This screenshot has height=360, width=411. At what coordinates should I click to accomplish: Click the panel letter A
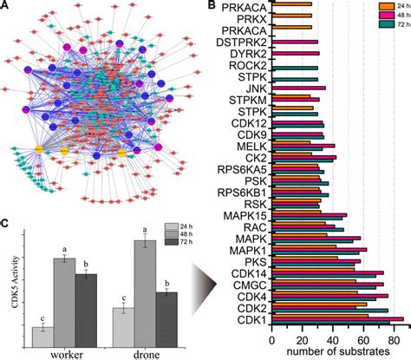tap(6, 7)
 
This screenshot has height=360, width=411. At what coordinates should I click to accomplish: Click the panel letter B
tap(213, 7)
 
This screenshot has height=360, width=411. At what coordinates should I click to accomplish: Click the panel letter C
tap(6, 225)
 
